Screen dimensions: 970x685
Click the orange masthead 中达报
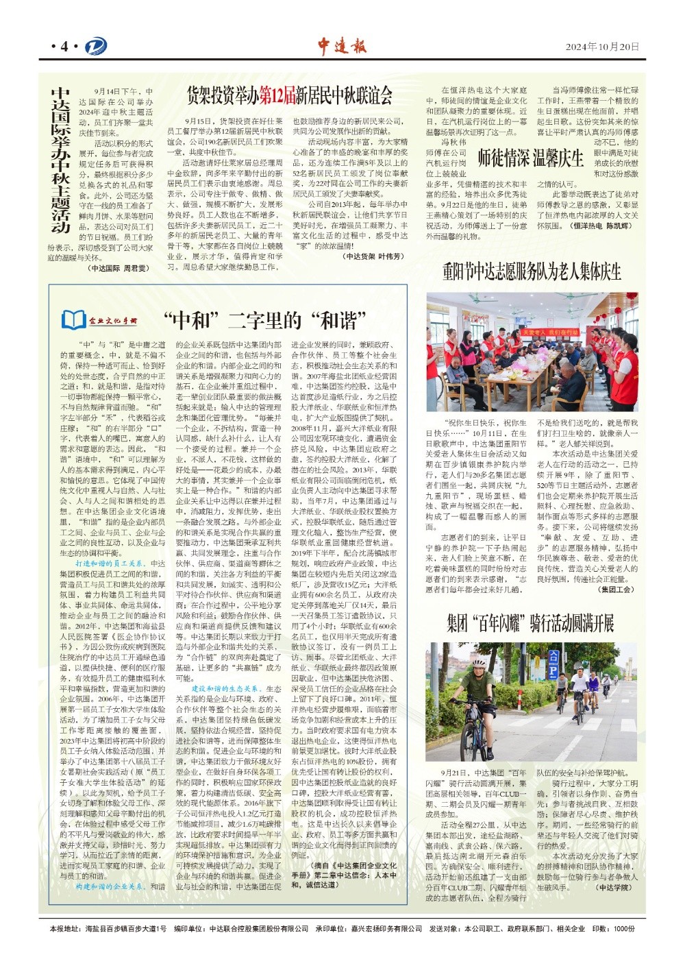click(342, 46)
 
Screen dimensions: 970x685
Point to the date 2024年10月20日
click(602, 47)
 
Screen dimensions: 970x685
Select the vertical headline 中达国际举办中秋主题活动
click(61, 160)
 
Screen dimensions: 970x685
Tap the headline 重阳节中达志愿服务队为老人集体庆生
click(532, 271)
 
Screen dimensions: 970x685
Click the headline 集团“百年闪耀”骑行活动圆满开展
click(530, 623)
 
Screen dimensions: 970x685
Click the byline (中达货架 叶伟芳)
click(373, 256)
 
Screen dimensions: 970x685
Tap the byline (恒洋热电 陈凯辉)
click(601, 225)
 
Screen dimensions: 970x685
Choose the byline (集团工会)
click(616, 589)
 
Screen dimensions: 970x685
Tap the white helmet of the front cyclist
click(479, 664)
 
